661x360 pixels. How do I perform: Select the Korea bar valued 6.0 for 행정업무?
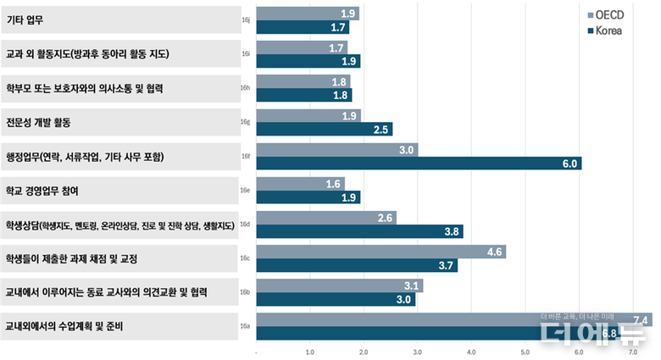(419, 163)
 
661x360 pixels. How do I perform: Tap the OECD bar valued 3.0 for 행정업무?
(337, 150)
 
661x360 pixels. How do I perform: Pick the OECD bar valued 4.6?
(380, 252)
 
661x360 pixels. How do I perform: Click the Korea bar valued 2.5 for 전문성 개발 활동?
(325, 130)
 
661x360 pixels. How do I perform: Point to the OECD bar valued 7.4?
(454, 319)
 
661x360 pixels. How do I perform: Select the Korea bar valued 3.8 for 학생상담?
(359, 231)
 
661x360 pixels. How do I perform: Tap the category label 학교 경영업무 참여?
(42, 191)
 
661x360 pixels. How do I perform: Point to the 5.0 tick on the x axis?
(525, 352)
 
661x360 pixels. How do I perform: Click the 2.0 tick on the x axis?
(364, 352)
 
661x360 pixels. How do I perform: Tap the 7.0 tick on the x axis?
(633, 352)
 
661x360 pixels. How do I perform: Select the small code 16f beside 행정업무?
(245, 157)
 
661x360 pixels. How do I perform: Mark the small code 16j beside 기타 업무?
(245, 20)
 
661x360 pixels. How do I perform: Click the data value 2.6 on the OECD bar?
(386, 218)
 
